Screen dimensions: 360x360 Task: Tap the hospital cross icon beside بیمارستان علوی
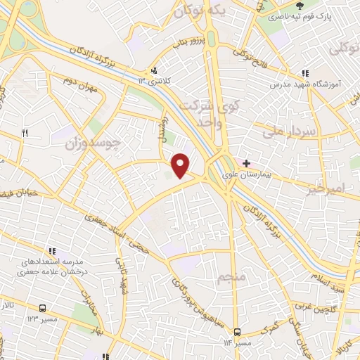pyautogui.click(x=246, y=163)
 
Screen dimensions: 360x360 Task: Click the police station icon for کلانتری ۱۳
pyautogui.click(x=155, y=70)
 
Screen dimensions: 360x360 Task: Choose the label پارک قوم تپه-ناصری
pyautogui.click(x=329, y=15)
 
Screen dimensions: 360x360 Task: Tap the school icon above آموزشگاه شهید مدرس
pyautogui.click(x=304, y=73)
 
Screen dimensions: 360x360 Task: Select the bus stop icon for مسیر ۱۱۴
pyautogui.click(x=237, y=333)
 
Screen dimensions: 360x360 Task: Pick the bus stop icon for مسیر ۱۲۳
pyautogui.click(x=42, y=308)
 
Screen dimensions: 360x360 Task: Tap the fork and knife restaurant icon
pyautogui.click(x=25, y=133)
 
